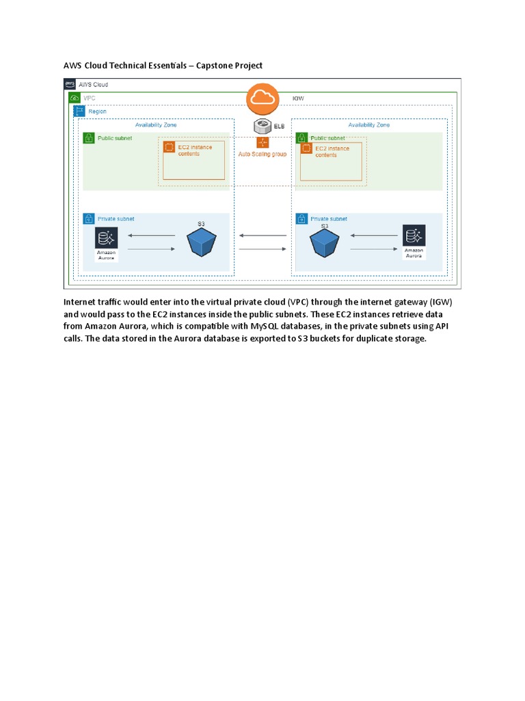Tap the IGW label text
298,99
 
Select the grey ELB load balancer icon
262,126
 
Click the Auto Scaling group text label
262,154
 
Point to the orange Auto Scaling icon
262,142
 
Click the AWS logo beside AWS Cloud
70,84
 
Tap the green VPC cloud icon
75,98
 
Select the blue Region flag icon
79,111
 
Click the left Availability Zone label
156,125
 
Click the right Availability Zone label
369,125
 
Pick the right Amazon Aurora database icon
414,235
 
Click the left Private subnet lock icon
88,219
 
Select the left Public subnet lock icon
88,138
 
